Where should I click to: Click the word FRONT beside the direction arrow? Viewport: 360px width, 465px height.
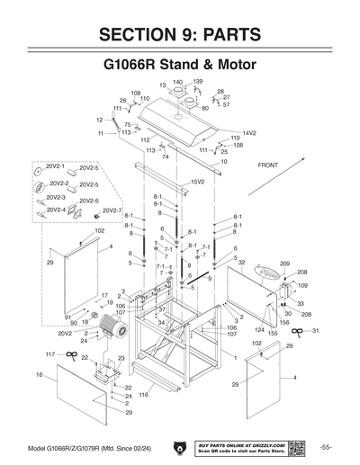(x=270, y=166)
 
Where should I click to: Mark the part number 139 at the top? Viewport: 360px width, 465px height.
(x=198, y=82)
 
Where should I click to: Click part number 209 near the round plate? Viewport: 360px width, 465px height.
(x=284, y=264)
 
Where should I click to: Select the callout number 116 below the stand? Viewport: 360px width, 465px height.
(x=142, y=394)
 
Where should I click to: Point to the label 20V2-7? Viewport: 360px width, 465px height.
(x=112, y=210)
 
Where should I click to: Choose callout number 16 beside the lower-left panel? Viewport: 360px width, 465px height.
(x=40, y=373)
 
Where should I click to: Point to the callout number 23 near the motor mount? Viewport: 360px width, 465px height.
(x=121, y=358)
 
